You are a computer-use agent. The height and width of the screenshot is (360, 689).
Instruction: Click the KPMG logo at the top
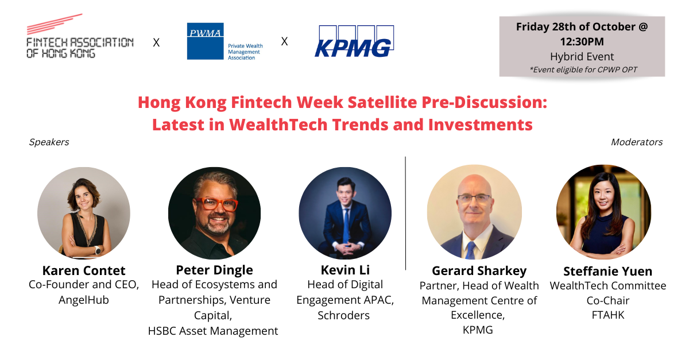[354, 41]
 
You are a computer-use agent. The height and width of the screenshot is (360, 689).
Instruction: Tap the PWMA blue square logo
[205, 41]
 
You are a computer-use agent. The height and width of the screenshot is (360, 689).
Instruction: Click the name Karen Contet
[84, 270]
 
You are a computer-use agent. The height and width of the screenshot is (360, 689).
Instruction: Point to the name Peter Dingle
[214, 270]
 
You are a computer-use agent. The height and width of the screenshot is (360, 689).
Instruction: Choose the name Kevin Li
[344, 270]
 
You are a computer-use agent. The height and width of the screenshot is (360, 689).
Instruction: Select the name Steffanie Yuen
[607, 271]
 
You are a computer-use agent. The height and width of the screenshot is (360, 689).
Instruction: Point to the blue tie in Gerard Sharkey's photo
[471, 249]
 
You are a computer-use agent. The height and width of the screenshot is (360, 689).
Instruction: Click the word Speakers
[49, 142]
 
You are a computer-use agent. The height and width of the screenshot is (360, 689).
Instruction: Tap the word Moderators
[636, 142]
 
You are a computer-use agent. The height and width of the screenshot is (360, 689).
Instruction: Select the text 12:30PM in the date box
[582, 42]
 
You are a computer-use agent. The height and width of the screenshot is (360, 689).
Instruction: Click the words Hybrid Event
[582, 57]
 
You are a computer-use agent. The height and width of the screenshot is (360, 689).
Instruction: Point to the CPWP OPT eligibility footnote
[582, 70]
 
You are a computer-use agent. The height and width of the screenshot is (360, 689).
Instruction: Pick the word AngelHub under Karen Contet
[84, 300]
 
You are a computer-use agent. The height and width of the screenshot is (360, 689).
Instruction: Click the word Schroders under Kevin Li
[344, 315]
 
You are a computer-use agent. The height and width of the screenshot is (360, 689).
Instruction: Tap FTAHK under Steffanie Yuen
[607, 315]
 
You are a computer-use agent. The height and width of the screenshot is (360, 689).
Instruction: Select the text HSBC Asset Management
[214, 331]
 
